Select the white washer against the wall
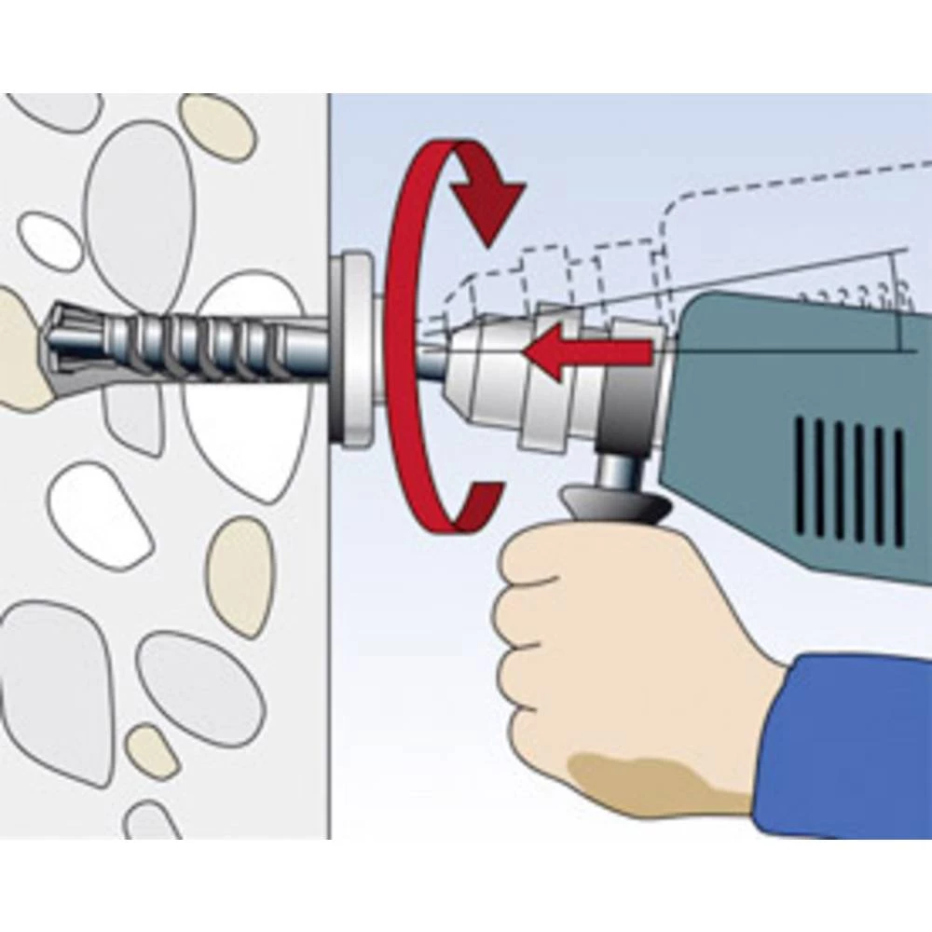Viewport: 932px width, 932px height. [354, 349]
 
